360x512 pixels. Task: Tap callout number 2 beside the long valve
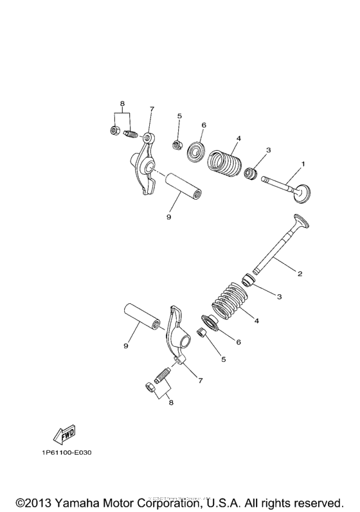click(x=299, y=273)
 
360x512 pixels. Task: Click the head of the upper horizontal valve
click(x=301, y=191)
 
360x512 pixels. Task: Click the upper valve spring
click(x=225, y=161)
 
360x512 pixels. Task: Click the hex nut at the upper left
click(x=114, y=131)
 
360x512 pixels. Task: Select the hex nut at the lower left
click(x=147, y=387)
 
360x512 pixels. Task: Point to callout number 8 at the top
click(x=121, y=103)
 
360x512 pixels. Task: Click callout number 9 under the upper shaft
click(x=168, y=217)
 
